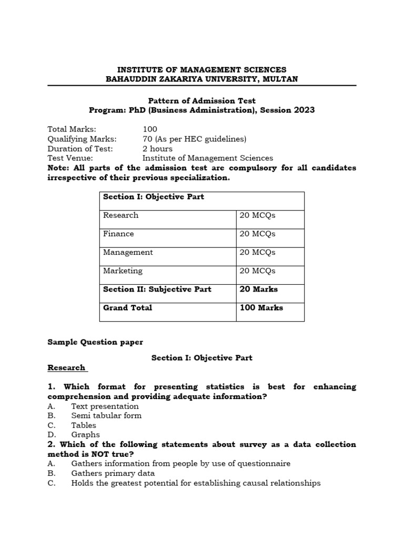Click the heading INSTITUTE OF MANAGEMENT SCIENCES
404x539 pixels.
click(x=201, y=69)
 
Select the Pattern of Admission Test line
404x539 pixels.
click(x=201, y=100)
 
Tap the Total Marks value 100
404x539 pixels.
click(x=150, y=129)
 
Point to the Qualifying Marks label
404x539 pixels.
click(x=82, y=139)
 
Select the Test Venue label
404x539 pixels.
click(x=70, y=158)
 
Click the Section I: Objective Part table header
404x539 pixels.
click(x=154, y=197)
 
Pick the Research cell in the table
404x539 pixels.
click(x=121, y=215)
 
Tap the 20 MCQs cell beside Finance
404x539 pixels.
click(x=258, y=234)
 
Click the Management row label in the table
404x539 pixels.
click(x=128, y=252)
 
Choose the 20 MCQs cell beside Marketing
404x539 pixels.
click(x=258, y=271)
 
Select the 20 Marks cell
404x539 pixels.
click(x=259, y=289)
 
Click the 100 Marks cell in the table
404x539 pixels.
click(x=261, y=307)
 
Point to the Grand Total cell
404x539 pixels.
click(x=128, y=307)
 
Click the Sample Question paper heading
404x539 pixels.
click(x=95, y=342)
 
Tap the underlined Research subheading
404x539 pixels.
click(x=66, y=367)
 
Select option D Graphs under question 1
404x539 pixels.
click(x=85, y=435)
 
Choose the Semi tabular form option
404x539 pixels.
click(x=106, y=416)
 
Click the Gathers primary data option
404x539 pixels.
click(x=113, y=473)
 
